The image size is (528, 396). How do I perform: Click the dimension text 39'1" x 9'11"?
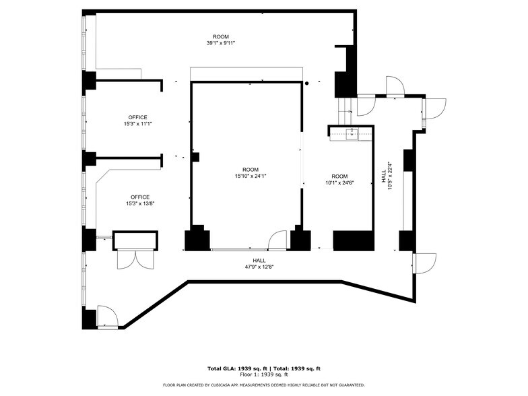(x=220, y=43)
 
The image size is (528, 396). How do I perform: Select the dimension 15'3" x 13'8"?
(x=140, y=204)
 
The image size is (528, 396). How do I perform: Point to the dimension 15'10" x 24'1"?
(x=251, y=176)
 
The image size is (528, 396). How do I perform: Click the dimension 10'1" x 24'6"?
(x=339, y=183)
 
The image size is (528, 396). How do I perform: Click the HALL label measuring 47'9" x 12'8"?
(x=259, y=267)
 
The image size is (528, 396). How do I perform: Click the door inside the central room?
(x=277, y=240)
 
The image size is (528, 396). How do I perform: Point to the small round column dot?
(x=306, y=84)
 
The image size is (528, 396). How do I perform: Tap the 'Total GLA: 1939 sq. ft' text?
(x=235, y=368)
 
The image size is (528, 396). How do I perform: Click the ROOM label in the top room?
(x=220, y=36)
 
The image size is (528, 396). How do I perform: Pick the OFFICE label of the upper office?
(x=138, y=117)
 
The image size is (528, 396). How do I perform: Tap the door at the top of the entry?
(x=394, y=86)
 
